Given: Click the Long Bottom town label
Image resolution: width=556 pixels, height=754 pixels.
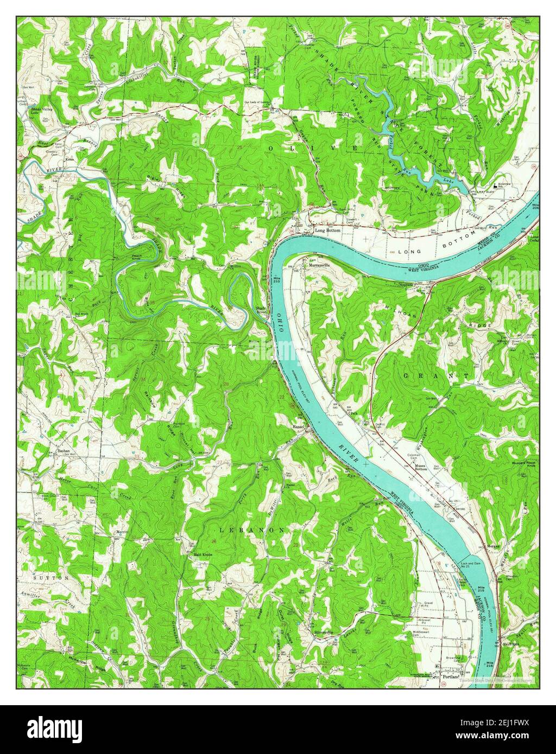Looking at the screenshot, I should [328, 231].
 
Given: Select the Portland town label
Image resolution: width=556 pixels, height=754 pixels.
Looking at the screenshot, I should [451, 677].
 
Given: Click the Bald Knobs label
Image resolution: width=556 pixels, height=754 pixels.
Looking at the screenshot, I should [198, 555].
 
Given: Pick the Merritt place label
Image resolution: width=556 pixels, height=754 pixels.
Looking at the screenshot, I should [121, 532].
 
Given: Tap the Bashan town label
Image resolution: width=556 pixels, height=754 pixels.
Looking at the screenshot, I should [65, 450].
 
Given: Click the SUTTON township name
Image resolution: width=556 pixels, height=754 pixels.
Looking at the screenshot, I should [51, 578].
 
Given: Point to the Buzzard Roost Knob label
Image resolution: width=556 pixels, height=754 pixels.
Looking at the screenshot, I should [523, 464].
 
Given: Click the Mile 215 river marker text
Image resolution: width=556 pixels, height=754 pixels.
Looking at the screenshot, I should [480, 590].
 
